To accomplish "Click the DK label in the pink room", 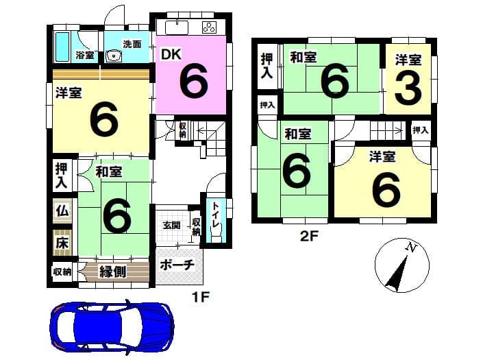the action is click(x=171, y=55).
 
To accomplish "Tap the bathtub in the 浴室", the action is click(x=62, y=47).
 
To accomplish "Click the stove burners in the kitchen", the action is click(x=210, y=27).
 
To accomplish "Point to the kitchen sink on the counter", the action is click(x=177, y=27).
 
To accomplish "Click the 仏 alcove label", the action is click(x=62, y=211).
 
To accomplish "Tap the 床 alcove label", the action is click(x=62, y=243).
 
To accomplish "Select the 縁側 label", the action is click(x=112, y=272).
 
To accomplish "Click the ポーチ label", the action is click(x=177, y=265).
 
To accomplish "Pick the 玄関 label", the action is click(x=171, y=226).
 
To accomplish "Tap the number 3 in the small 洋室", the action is click(x=408, y=88).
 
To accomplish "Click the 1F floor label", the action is click(x=201, y=297).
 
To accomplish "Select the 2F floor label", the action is click(x=309, y=237).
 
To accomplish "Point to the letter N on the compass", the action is click(x=411, y=247).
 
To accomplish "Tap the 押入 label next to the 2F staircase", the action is click(x=421, y=130).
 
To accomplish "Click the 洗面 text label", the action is click(x=132, y=44).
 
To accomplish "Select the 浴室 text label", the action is click(x=85, y=56).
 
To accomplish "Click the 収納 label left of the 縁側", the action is click(x=62, y=272).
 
